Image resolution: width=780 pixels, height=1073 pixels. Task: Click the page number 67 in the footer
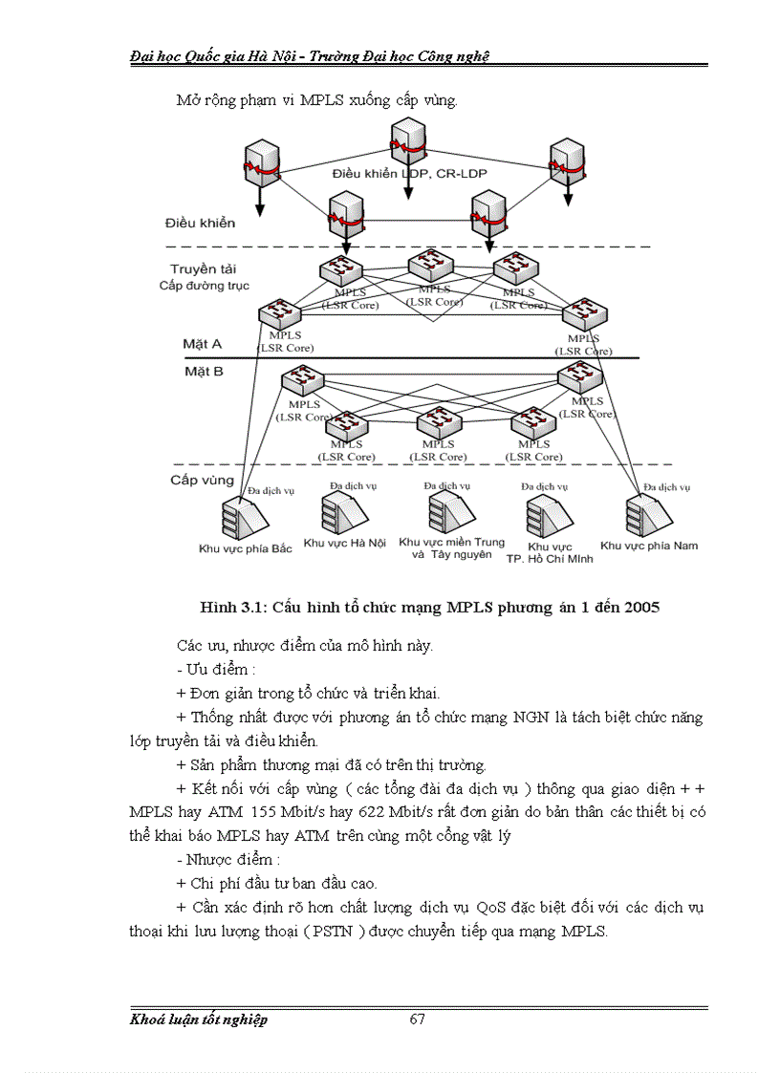417,1019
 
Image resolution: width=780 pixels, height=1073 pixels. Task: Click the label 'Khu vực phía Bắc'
246,548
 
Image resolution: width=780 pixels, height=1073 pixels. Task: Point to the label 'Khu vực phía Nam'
661,546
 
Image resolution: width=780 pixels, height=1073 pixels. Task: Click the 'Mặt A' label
202,342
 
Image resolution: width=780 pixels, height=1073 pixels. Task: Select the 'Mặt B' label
203,371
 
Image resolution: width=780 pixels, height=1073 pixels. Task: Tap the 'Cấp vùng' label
203,480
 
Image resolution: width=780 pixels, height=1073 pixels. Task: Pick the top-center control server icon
408,144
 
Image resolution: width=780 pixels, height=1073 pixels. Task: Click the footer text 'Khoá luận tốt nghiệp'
199,1019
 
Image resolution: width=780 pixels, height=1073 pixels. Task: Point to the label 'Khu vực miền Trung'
452,542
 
